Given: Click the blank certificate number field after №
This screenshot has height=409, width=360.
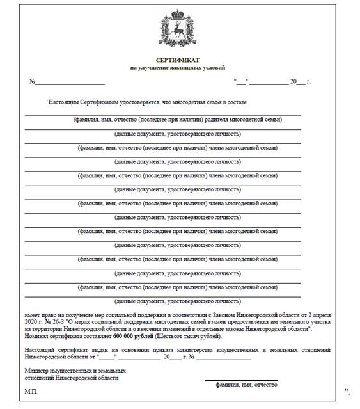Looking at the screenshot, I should click(70, 83).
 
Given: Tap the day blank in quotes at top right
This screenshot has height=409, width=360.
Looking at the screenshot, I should click(240, 83).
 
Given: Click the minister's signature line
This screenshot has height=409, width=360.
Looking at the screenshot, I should click(247, 380).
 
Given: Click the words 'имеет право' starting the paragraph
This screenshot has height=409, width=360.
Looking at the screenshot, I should click(40, 316).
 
